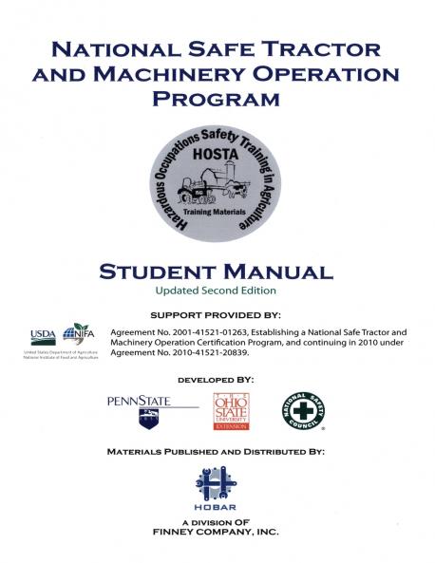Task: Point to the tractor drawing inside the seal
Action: point(202,187)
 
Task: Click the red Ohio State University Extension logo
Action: point(232,410)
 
